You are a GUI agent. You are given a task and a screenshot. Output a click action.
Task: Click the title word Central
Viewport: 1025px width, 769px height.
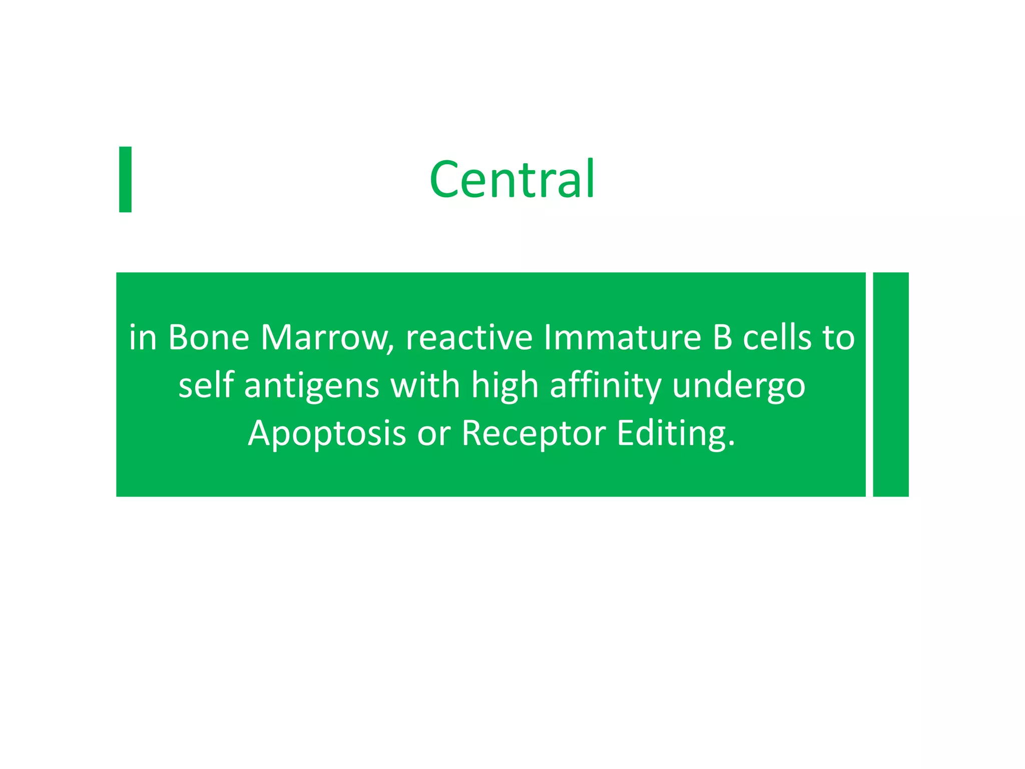coord(512,179)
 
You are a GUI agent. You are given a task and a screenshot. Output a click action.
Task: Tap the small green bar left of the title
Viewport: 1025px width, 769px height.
coord(125,179)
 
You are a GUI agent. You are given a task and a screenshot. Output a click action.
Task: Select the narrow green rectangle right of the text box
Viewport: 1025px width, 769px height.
coord(890,384)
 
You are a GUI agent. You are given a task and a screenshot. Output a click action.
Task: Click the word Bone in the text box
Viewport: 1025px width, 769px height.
coord(208,337)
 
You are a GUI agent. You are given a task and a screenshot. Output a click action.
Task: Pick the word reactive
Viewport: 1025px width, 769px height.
coord(469,337)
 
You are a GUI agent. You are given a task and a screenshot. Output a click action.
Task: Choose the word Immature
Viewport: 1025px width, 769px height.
coord(622,337)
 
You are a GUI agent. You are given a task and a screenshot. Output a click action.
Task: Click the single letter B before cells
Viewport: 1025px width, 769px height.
coord(722,337)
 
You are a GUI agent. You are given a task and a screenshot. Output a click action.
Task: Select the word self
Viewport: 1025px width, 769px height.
coord(206,385)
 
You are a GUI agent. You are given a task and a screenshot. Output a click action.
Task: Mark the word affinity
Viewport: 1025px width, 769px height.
coord(606,385)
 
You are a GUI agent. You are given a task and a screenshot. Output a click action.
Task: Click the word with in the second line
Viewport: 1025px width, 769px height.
coord(425,385)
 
